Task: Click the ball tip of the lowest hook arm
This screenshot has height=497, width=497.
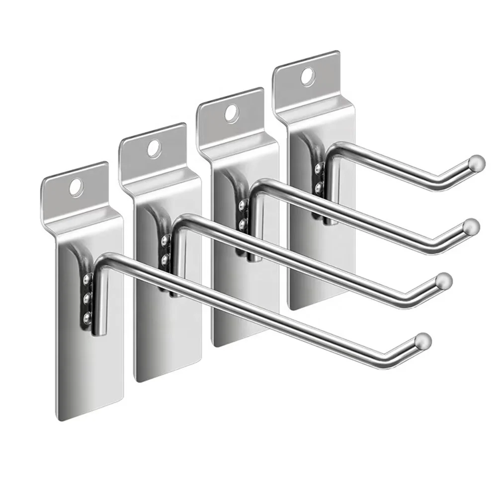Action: pyautogui.click(x=423, y=339)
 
